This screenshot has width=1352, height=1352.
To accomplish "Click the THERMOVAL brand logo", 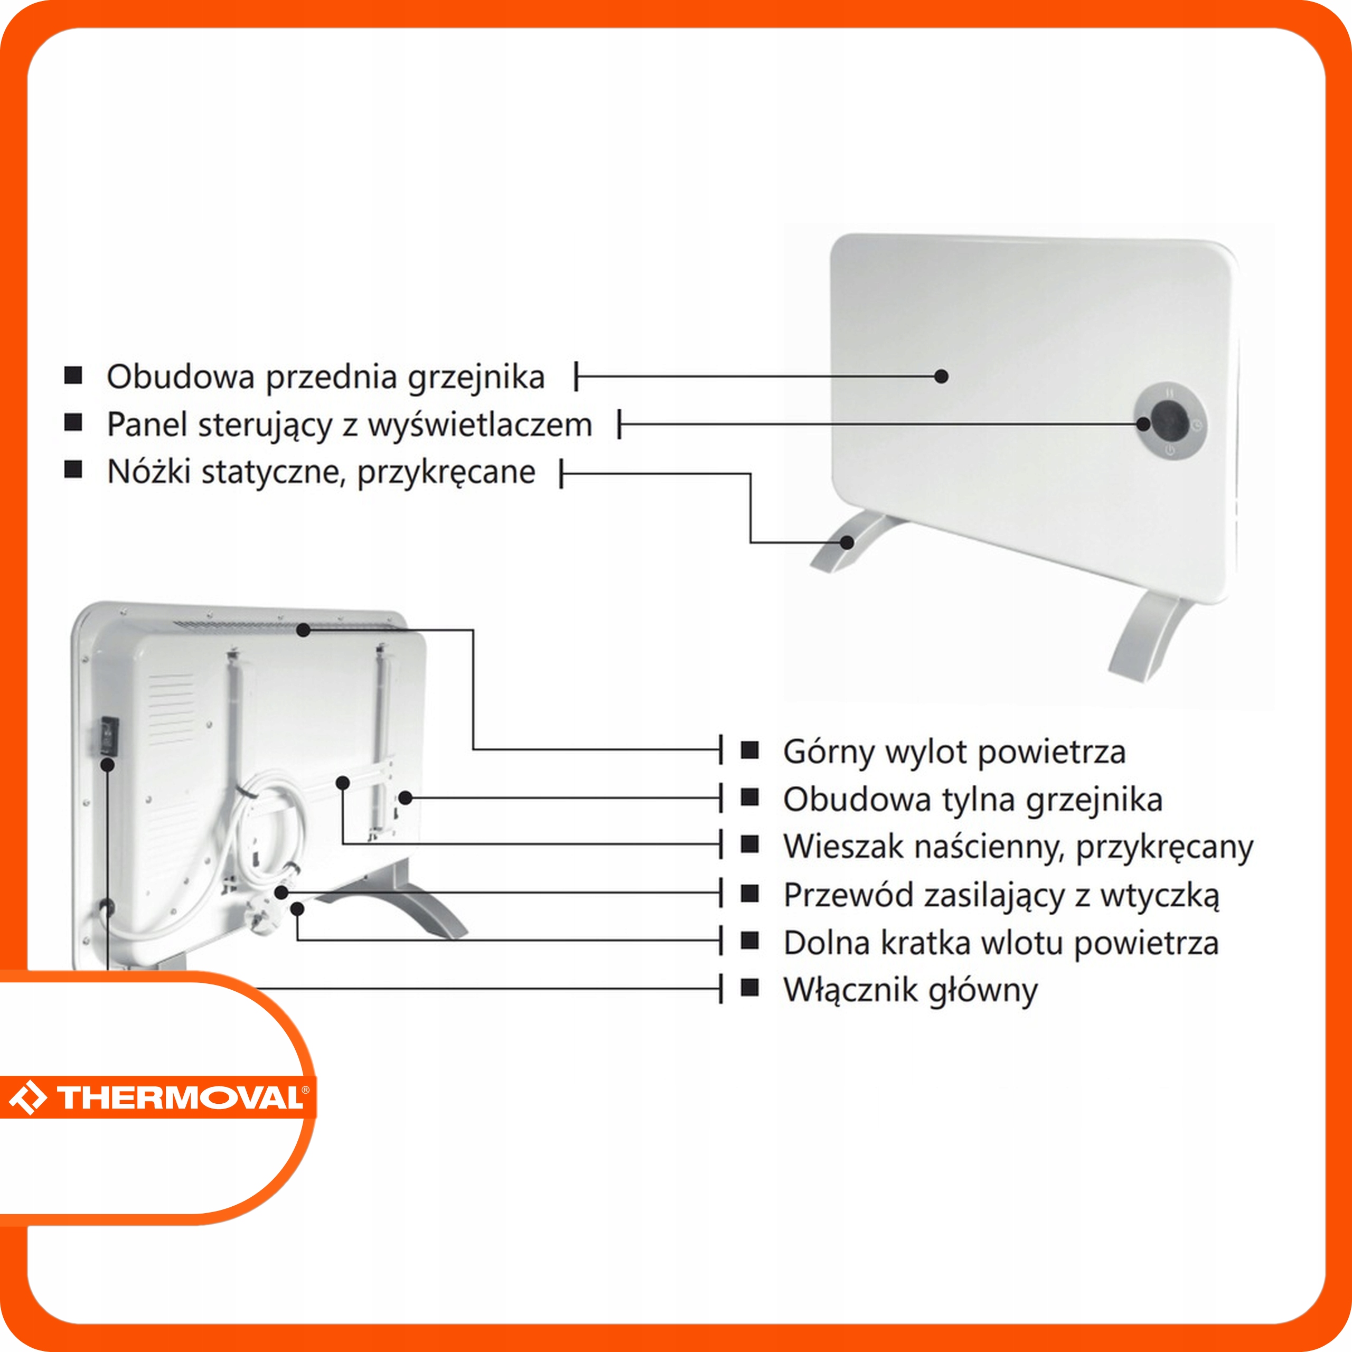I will (x=157, y=1096).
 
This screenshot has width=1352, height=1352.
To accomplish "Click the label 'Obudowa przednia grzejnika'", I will (x=325, y=377).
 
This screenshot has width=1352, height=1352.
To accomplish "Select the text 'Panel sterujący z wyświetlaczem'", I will (x=349, y=425).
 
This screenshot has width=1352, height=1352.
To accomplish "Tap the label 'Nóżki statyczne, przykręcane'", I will (x=321, y=472).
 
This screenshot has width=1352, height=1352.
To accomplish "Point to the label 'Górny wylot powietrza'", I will (x=954, y=752).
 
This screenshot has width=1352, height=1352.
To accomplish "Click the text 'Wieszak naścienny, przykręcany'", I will (x=1018, y=847).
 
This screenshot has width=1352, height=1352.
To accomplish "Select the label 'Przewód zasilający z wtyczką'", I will (x=1001, y=895).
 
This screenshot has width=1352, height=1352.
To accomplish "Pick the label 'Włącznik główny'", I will (x=910, y=990).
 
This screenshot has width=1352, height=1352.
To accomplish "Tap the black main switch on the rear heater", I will (x=108, y=735).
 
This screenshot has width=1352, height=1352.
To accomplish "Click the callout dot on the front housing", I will (x=941, y=377).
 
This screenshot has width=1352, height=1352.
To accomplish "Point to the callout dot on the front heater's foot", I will (x=848, y=542).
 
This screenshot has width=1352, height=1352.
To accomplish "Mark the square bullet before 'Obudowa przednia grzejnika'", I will (x=73, y=376).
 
